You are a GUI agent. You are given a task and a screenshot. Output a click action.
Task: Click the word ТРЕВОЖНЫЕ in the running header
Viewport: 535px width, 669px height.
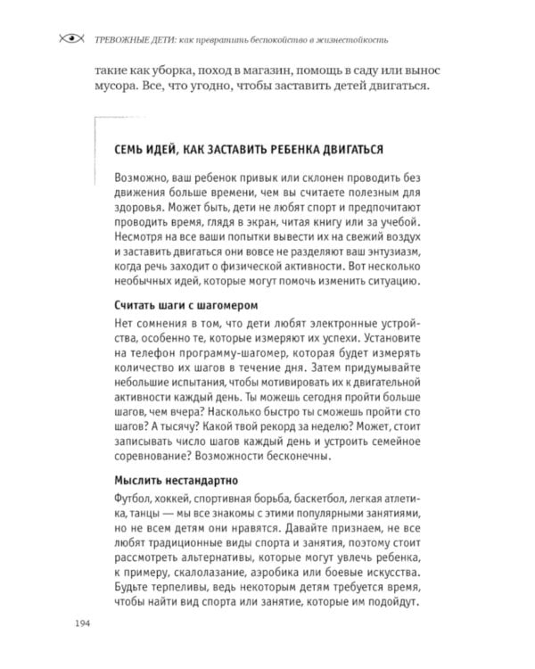[x=114, y=39]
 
